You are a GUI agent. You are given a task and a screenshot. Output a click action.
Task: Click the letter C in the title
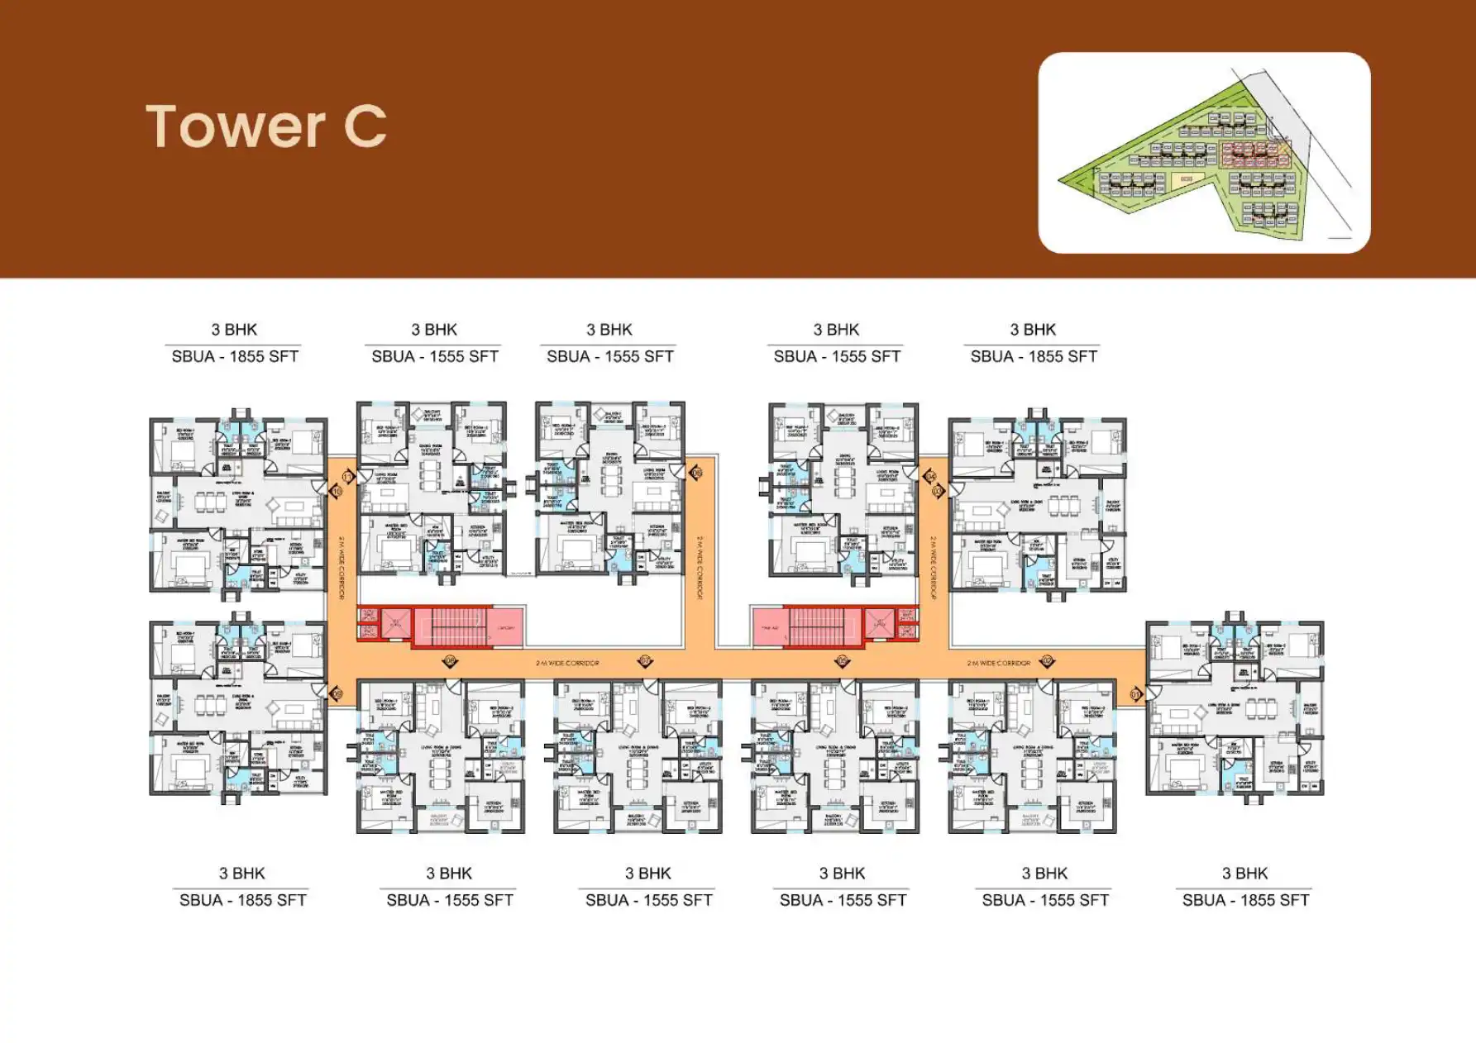click(x=365, y=127)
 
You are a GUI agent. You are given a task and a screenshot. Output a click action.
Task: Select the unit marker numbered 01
click(x=1135, y=694)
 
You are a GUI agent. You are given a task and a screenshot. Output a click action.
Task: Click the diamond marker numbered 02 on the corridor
click(x=1047, y=661)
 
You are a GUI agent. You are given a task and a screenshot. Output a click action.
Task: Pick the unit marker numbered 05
click(x=842, y=661)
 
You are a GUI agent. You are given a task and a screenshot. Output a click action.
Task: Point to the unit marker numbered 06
click(x=695, y=474)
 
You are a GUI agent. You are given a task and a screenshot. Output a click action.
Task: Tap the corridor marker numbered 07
click(x=645, y=661)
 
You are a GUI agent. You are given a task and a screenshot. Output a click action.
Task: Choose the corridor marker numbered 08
click(x=451, y=661)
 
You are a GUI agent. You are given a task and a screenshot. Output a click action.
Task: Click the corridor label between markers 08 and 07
click(x=567, y=664)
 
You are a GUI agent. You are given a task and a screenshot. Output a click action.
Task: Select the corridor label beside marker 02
click(x=999, y=664)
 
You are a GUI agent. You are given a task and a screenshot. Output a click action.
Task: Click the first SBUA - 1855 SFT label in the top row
click(x=235, y=357)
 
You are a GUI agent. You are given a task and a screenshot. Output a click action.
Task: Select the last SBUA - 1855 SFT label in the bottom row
click(x=1245, y=901)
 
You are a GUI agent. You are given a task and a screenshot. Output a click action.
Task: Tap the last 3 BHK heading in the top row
click(x=1033, y=330)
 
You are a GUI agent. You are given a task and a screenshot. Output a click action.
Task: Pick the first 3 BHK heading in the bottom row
click(x=242, y=874)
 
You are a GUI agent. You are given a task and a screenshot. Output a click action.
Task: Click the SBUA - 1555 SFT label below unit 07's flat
click(x=648, y=901)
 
